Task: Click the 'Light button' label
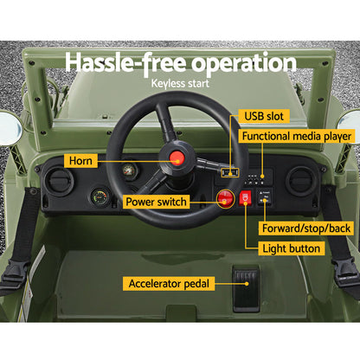[x=293, y=248]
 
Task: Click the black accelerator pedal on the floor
[x=246, y=280]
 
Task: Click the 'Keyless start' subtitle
[x=180, y=85]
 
